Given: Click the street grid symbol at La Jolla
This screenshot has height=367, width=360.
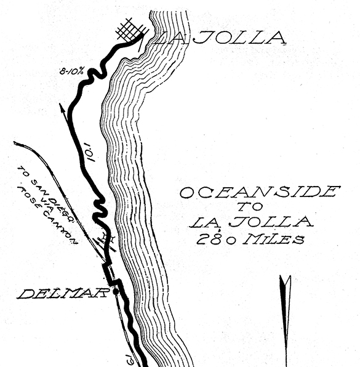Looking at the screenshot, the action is tap(132, 31).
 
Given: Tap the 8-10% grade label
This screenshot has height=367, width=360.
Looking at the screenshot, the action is tap(71, 71).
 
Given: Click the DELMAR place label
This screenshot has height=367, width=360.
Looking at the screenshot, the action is tap(63, 294).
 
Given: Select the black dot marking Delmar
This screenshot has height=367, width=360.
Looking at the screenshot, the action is tap(116, 292).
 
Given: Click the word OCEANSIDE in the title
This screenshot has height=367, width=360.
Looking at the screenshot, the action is tap(260, 192).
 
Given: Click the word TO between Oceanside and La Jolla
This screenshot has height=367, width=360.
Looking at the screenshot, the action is tap(250, 206).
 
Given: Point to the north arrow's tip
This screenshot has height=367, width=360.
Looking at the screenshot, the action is tap(285, 276).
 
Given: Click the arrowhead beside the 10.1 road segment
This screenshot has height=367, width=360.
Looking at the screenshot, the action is tap(62, 107).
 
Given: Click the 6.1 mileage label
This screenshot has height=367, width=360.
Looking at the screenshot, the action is tap(130, 359).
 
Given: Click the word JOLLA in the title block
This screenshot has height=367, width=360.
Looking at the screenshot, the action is tap(271, 222).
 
